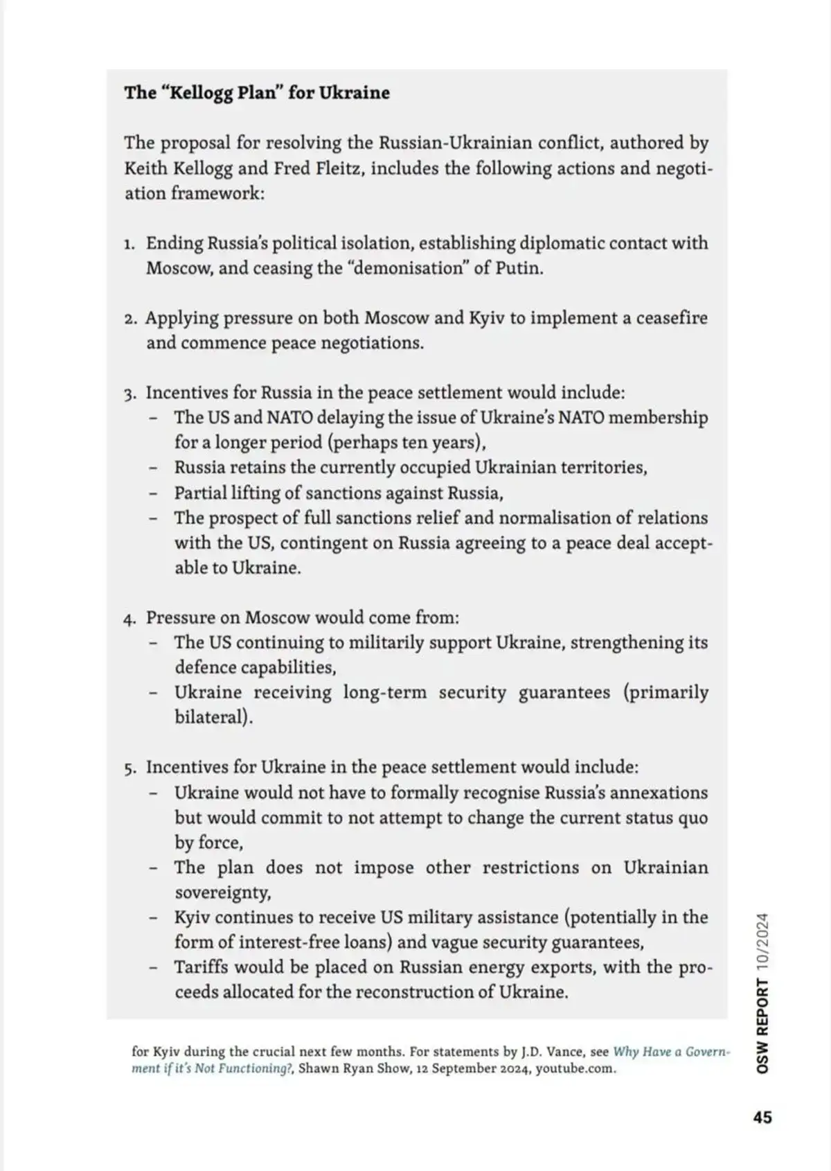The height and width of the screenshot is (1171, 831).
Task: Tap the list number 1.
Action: point(129,244)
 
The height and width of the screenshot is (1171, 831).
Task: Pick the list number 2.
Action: point(130,319)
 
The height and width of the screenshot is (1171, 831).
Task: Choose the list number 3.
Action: point(130,394)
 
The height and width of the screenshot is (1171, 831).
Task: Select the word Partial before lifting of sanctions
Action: point(200,493)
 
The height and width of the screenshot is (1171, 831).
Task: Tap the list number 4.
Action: point(130,619)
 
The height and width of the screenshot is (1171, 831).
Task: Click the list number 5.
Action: point(130,768)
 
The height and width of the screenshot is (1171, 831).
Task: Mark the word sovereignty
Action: point(222,892)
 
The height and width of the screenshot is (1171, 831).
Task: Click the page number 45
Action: point(762,1117)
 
